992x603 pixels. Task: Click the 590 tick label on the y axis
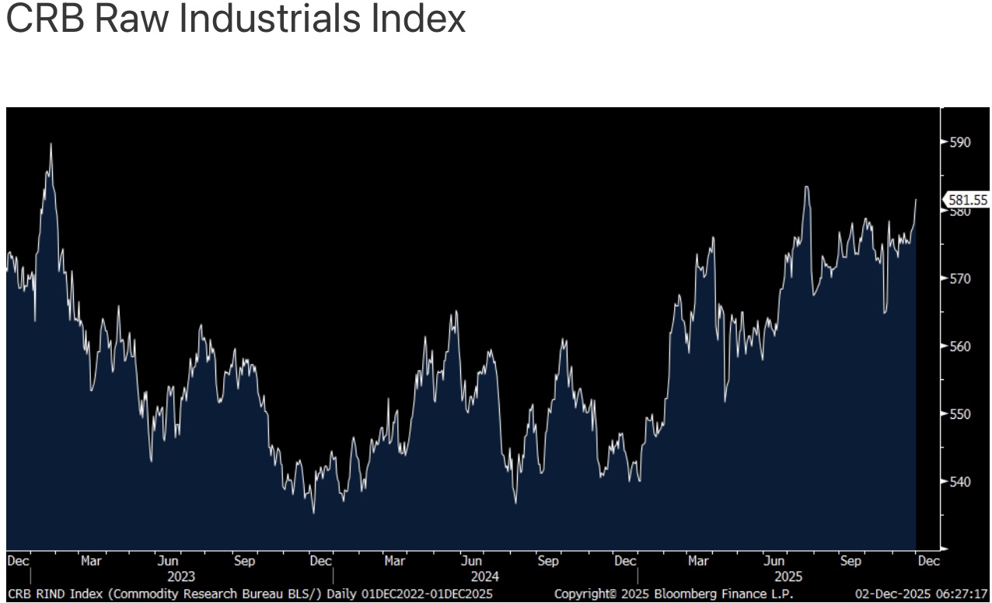960,142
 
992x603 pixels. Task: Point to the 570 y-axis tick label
960,278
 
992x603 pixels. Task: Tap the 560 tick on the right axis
960,346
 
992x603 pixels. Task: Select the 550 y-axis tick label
960,413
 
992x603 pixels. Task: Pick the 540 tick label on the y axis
960,482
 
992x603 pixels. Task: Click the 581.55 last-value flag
967,200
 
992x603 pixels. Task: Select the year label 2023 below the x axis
181,577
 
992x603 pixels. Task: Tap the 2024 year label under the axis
485,577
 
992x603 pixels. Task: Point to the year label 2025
788,577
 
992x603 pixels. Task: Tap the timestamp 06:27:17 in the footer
962,594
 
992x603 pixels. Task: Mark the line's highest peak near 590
51,144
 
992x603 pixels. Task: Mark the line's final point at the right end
917,200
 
